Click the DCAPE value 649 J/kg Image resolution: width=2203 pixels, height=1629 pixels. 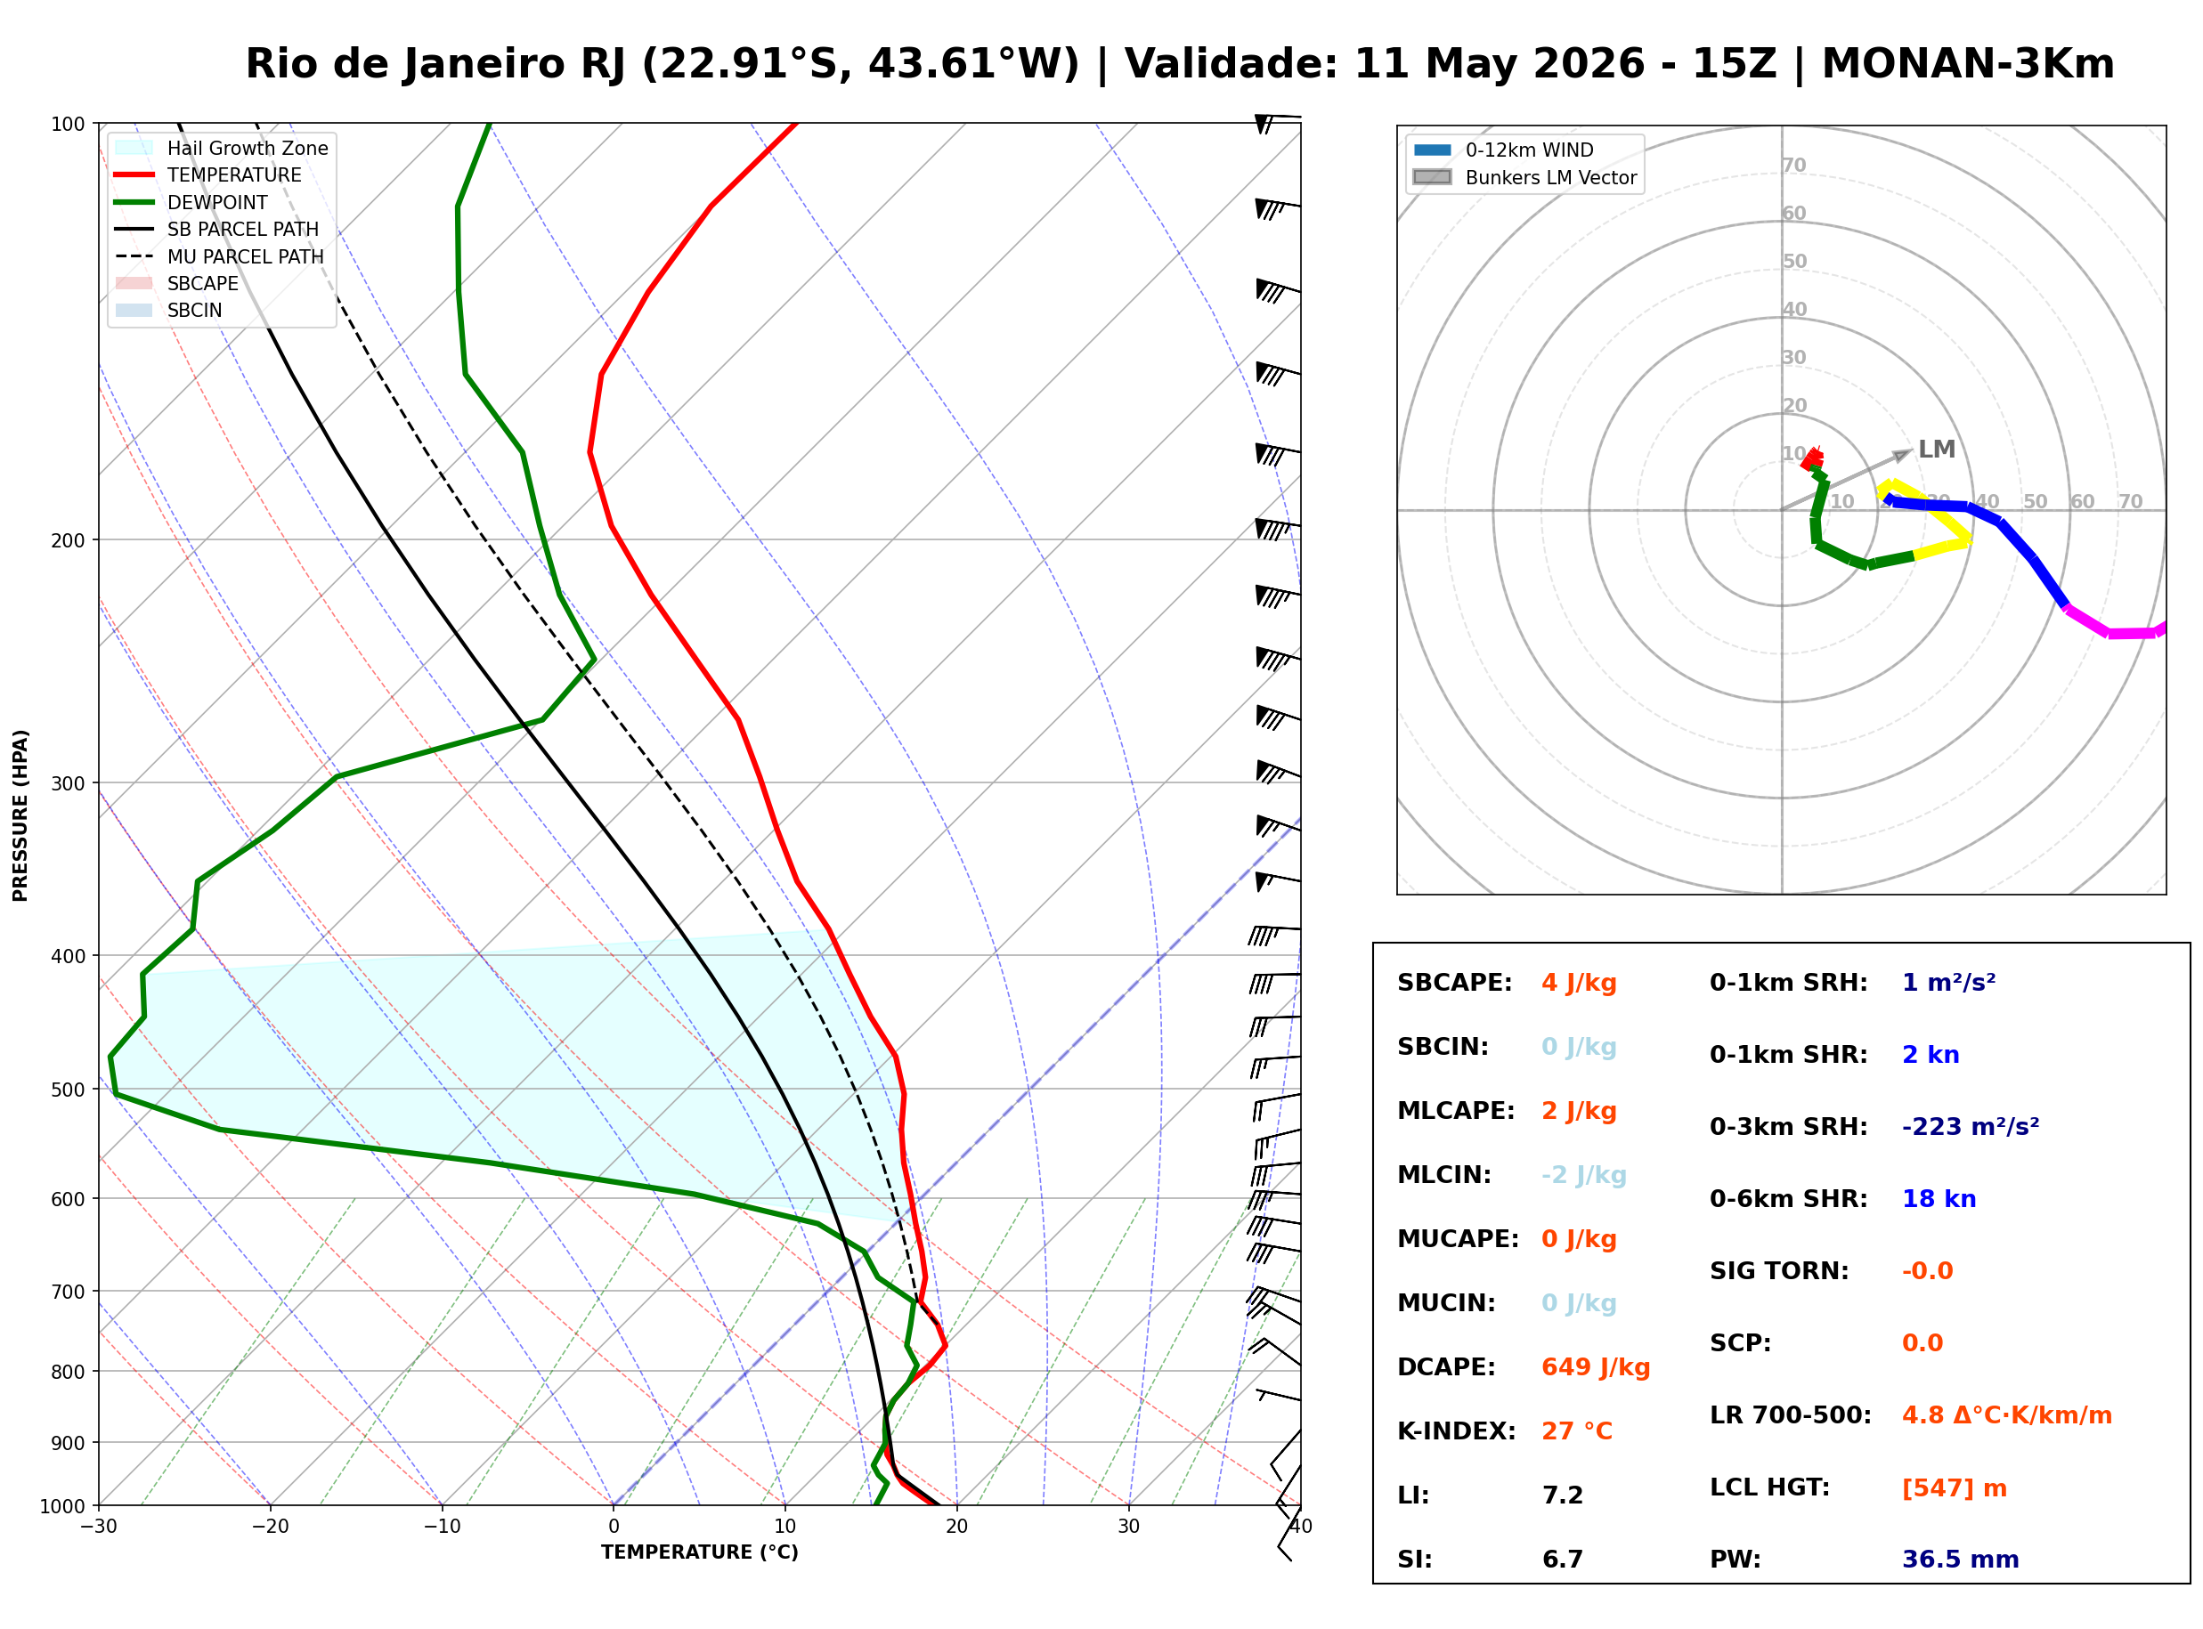pos(1596,1367)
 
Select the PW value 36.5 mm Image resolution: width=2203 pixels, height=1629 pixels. pos(1961,1560)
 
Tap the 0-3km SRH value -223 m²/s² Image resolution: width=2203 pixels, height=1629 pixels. pos(1971,1127)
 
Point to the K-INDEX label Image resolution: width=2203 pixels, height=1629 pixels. pos(1457,1431)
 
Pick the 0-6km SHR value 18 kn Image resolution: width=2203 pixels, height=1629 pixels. pos(1939,1199)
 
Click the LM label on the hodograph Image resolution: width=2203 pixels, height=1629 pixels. pos(1937,450)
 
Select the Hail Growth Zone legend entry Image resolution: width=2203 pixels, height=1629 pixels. pos(221,148)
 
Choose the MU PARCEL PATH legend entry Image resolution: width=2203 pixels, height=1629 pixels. pos(219,256)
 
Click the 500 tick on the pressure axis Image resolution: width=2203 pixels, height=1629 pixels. pos(67,1090)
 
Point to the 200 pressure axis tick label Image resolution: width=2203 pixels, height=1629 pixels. pos(67,540)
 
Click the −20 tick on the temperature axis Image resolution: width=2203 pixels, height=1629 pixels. pos(269,1528)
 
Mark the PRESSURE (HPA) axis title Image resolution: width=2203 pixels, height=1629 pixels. pos(20,815)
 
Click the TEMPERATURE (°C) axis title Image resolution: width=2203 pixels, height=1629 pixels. pos(699,1553)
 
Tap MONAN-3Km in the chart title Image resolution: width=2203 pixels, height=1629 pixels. pos(1967,64)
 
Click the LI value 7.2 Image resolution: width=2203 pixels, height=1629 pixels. pos(1563,1495)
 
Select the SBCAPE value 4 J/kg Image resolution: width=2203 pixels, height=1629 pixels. pos(1579,983)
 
